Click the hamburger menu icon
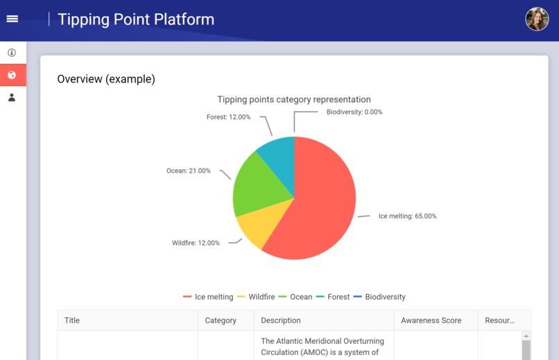click(12, 19)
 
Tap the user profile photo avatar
click(537, 19)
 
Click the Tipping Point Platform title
click(136, 19)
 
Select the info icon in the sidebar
click(12, 53)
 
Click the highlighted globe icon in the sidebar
click(12, 75)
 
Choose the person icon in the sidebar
click(12, 98)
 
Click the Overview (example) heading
click(106, 79)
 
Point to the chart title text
click(294, 100)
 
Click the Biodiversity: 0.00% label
click(354, 112)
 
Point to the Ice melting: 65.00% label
click(407, 216)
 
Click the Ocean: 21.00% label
click(189, 171)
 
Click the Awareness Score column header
click(431, 320)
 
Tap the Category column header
click(221, 320)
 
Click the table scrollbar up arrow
click(526, 336)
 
